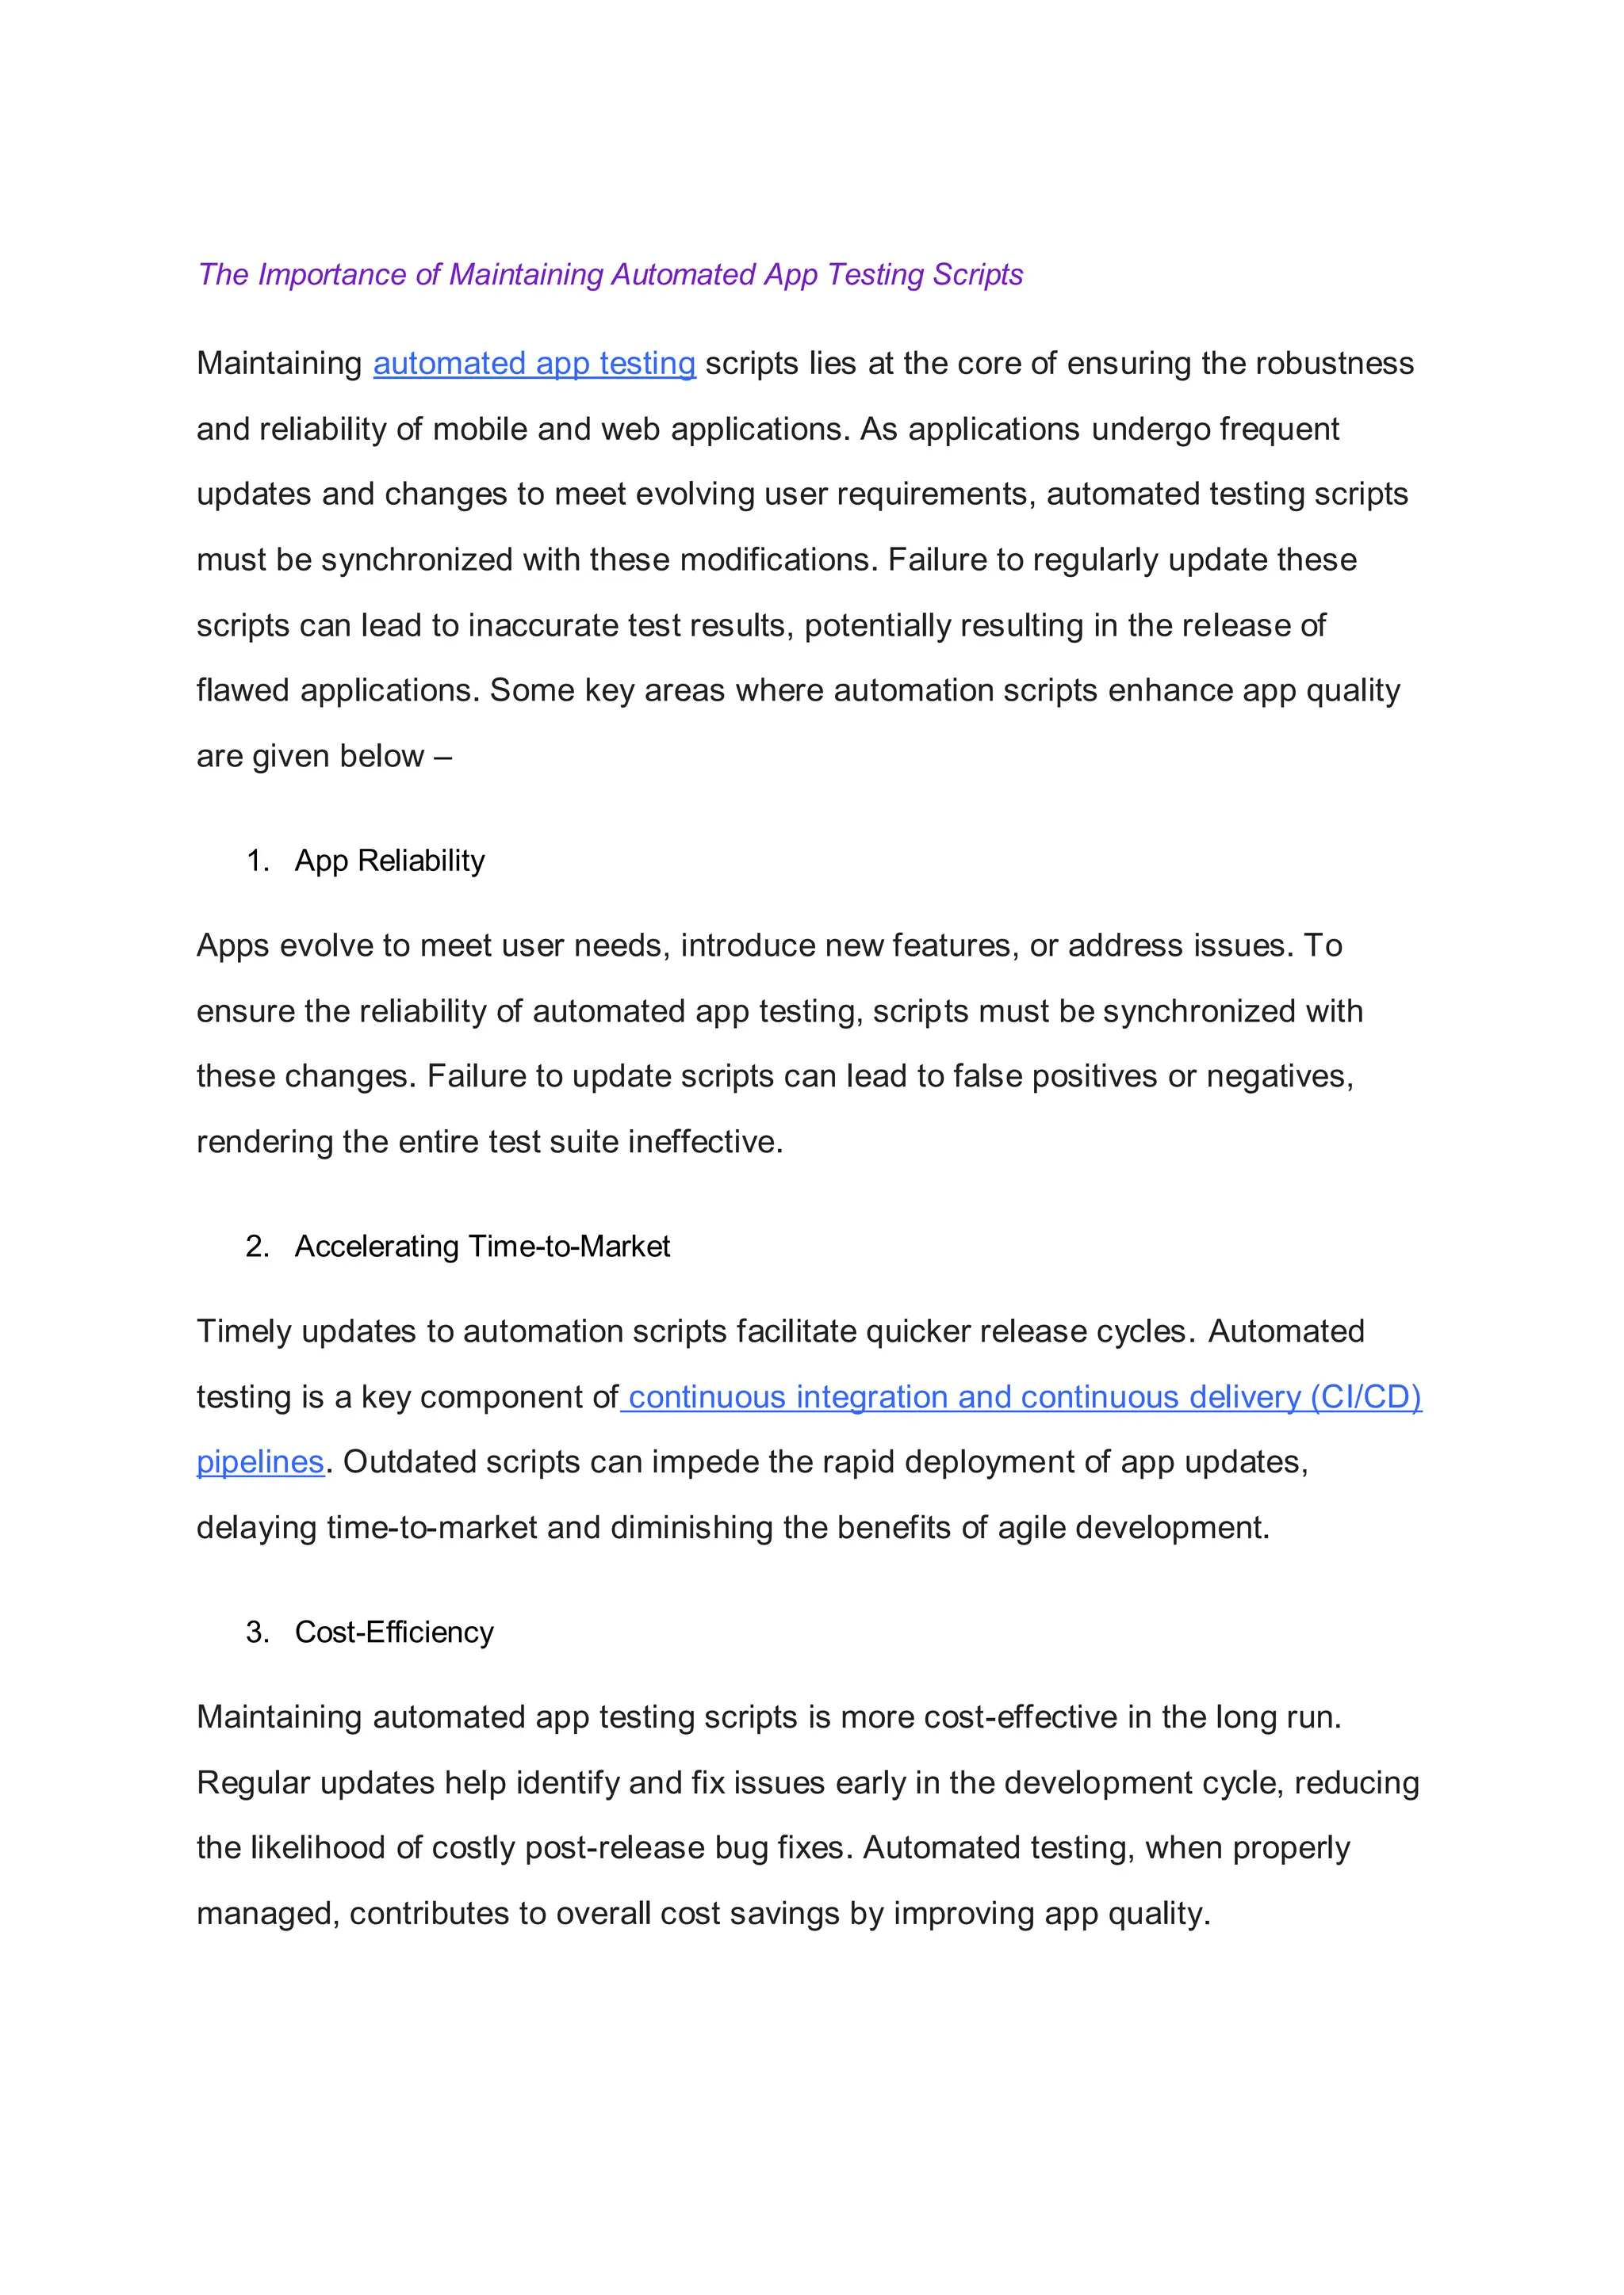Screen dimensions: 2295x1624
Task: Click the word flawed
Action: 242,691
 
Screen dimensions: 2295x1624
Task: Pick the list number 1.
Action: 257,861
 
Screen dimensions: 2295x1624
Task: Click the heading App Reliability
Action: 389,861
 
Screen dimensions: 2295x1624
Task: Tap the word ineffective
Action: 705,1141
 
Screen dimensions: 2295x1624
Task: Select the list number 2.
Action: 257,1247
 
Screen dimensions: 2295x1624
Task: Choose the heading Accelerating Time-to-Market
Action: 482,1247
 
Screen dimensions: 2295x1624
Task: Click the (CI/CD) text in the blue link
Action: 1365,1396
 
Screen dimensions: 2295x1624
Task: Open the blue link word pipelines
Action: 260,1462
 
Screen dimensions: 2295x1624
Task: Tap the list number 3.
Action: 257,1632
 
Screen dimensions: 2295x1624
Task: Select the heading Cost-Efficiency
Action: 394,1632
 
